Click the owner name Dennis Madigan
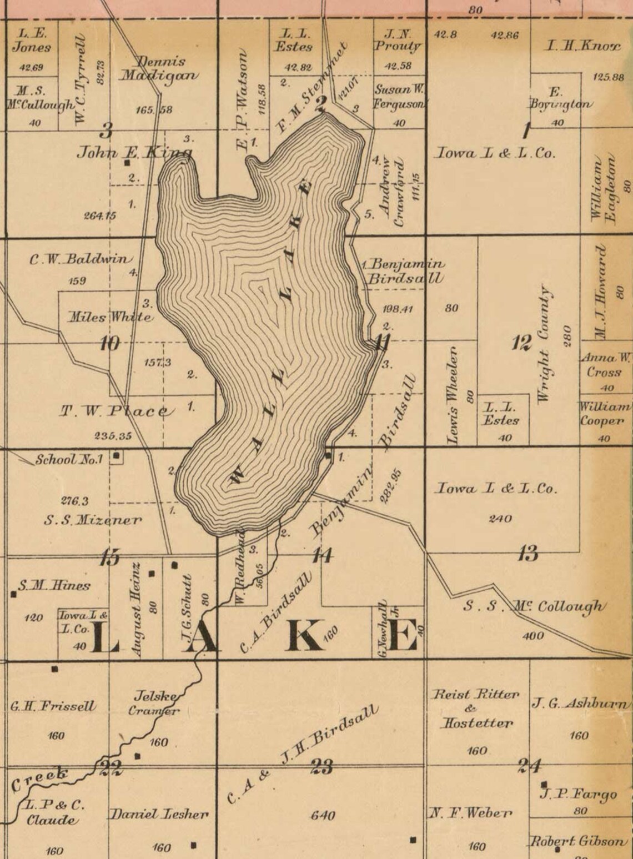159,69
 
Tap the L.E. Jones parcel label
32,41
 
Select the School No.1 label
69,460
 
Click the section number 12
521,343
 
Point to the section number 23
321,767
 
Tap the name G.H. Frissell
53,707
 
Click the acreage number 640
323,816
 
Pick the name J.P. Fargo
578,795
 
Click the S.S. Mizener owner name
93,520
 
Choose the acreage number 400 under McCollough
534,636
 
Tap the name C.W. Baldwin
81,259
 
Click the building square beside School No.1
117,456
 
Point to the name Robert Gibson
577,841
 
